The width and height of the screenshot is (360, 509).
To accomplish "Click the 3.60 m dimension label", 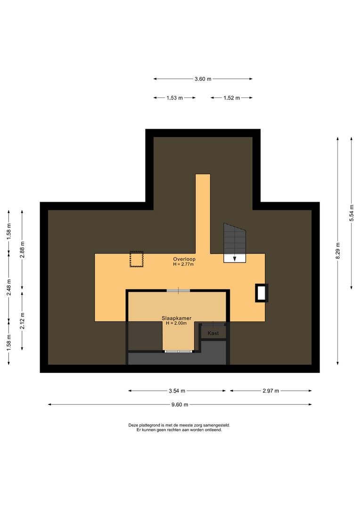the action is (203, 79).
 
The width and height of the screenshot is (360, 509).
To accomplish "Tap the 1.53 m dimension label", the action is (175, 98).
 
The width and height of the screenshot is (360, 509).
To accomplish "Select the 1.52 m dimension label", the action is (231, 98).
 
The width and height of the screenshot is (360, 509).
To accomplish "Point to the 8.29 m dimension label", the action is (338, 251).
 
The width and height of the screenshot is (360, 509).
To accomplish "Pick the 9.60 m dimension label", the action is (180, 404).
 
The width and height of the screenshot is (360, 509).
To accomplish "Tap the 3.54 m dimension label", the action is (177, 391).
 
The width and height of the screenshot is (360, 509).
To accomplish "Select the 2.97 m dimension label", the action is (271, 391).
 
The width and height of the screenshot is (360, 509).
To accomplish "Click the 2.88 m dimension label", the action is (22, 250).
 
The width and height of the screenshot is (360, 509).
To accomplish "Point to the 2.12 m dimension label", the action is (22, 321).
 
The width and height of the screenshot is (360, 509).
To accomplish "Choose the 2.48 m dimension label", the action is (9, 287).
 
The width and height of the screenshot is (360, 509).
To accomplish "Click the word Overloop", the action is (184, 259).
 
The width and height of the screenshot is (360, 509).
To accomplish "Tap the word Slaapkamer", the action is (177, 319).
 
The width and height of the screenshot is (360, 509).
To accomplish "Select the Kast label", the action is (213, 333).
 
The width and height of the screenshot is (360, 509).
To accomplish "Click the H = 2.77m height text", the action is (183, 264).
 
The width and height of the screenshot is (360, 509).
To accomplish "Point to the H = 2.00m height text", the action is (176, 323).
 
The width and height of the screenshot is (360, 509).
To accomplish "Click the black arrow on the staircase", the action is (235, 259).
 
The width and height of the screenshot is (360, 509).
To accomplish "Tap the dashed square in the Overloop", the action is (137, 259).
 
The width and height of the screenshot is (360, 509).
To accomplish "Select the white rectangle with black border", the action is (262, 293).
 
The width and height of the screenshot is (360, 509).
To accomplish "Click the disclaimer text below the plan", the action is (179, 427).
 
